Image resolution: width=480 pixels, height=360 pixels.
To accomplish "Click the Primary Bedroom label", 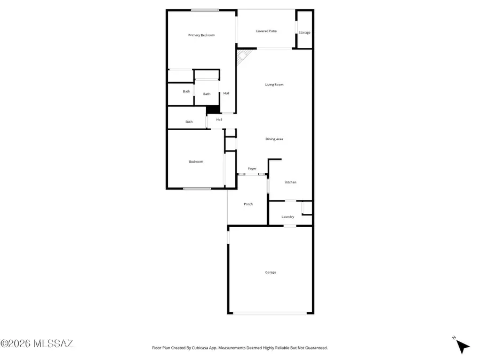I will coord(202,35).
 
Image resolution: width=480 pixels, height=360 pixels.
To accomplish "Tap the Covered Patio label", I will coord(266,31).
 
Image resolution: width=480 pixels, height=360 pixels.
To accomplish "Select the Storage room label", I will coord(305,33).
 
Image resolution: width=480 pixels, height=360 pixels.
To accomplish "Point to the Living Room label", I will coord(274,84).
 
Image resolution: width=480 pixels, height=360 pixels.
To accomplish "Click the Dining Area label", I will coord(274,139).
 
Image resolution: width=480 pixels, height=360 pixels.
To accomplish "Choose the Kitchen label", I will coord(290,182).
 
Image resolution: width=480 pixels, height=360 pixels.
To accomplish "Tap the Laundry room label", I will coord(288,217).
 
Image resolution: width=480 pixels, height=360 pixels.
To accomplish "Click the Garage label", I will coord(271,272).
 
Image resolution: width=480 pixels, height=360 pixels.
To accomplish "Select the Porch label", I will coord(248,204).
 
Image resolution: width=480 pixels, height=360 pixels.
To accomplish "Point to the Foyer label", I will coord(252,169).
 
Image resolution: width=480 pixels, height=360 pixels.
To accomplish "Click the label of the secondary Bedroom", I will coord(196,162).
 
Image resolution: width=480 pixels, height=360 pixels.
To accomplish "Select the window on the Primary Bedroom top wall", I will coord(205,10).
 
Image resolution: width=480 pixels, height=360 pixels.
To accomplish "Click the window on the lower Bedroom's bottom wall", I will coord(197,188).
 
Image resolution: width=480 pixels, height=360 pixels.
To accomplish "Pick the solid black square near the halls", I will coord(213,110).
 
